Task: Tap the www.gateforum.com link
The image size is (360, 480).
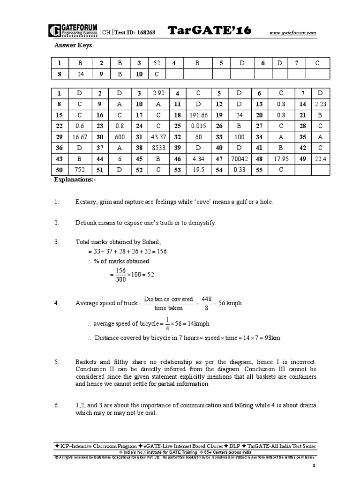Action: point(293,33)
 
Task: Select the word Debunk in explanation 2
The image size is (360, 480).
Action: point(86,223)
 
